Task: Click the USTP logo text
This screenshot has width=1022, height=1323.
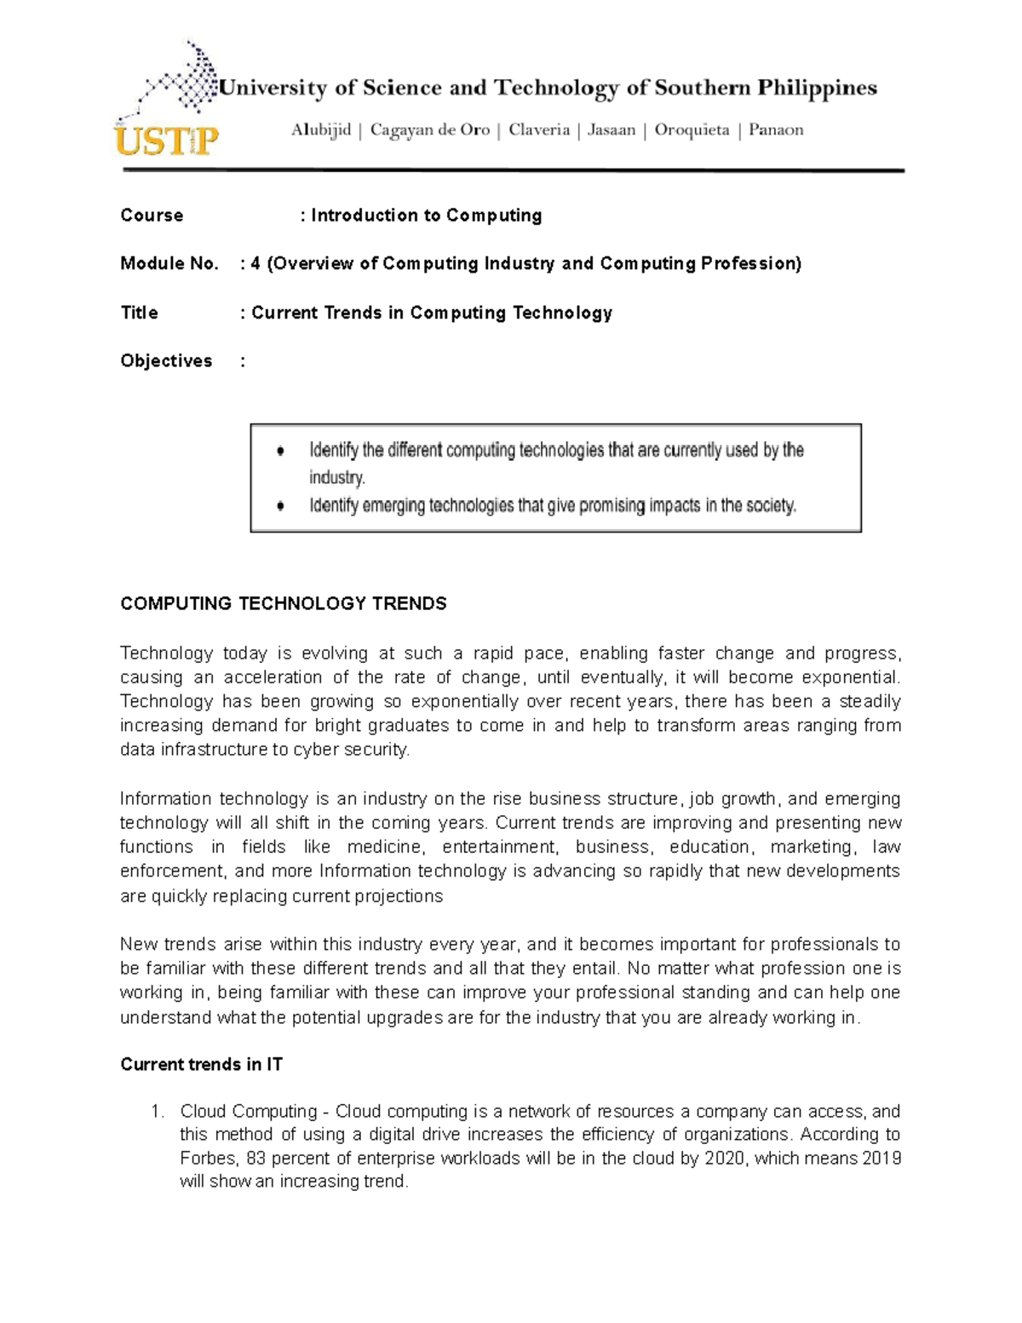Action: pos(166,139)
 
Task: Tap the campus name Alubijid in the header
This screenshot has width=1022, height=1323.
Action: pos(320,130)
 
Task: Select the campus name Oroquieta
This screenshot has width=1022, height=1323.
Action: pos(692,130)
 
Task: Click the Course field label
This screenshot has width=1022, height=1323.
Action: pos(152,216)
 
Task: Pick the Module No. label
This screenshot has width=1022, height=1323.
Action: pos(169,264)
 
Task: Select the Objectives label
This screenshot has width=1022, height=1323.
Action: pos(166,361)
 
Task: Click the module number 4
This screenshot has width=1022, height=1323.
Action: pos(255,264)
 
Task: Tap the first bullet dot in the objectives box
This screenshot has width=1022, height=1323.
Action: pos(281,451)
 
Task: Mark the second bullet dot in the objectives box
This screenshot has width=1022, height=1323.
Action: pos(281,506)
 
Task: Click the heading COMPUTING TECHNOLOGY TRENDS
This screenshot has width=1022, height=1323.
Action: pos(283,604)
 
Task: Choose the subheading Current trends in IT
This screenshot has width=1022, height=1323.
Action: pos(201,1065)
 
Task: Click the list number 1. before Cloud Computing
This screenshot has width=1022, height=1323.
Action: pos(157,1112)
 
